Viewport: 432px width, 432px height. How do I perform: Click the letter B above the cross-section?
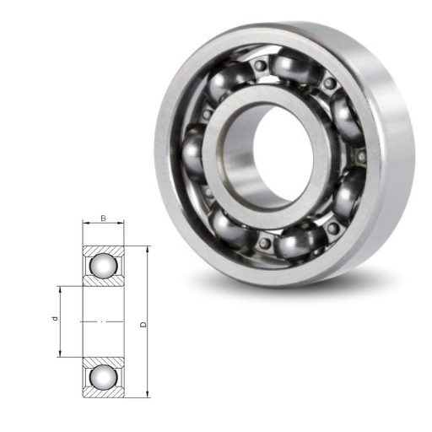[x=104, y=219]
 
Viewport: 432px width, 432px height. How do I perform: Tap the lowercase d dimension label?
[x=55, y=319]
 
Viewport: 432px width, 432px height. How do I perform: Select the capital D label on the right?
[x=143, y=325]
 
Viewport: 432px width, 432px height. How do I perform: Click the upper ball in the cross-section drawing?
[x=104, y=266]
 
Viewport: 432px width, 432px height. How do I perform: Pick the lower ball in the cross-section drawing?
[x=104, y=377]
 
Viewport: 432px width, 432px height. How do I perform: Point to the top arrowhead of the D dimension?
[x=148, y=249]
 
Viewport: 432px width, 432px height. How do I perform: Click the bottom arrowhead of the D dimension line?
[x=148, y=394]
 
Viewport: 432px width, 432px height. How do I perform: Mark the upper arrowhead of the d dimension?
[x=60, y=289]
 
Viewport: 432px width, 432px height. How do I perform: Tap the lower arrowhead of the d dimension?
[x=60, y=354]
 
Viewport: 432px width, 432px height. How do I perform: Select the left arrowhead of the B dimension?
[x=86, y=224]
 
